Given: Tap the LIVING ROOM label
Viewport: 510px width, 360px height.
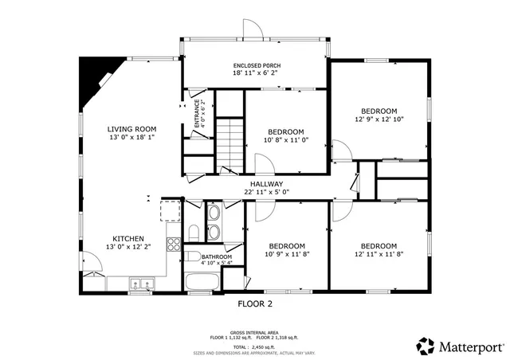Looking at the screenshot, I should [x=132, y=129].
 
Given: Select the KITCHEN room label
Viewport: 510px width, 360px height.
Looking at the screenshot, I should [x=127, y=238].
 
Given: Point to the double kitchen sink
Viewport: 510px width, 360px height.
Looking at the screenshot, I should [x=142, y=283].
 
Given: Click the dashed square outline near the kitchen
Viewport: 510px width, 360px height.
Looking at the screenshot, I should [x=171, y=210].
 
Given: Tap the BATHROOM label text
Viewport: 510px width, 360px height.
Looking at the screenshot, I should [x=205, y=256].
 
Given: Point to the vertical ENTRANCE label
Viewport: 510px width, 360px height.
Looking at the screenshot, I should [x=198, y=114].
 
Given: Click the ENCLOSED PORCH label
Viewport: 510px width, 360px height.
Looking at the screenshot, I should [x=257, y=65].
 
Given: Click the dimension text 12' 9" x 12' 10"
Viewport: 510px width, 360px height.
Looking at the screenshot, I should [x=379, y=119].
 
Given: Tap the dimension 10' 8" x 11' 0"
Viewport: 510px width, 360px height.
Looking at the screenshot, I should [x=286, y=140].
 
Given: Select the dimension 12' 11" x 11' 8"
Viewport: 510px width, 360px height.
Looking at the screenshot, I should [x=379, y=254].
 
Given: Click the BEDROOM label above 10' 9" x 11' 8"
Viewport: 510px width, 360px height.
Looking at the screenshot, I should [x=286, y=245].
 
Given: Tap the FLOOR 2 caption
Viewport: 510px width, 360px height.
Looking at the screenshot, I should [x=255, y=303].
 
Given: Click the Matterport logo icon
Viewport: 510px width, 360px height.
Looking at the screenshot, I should [x=426, y=346].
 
